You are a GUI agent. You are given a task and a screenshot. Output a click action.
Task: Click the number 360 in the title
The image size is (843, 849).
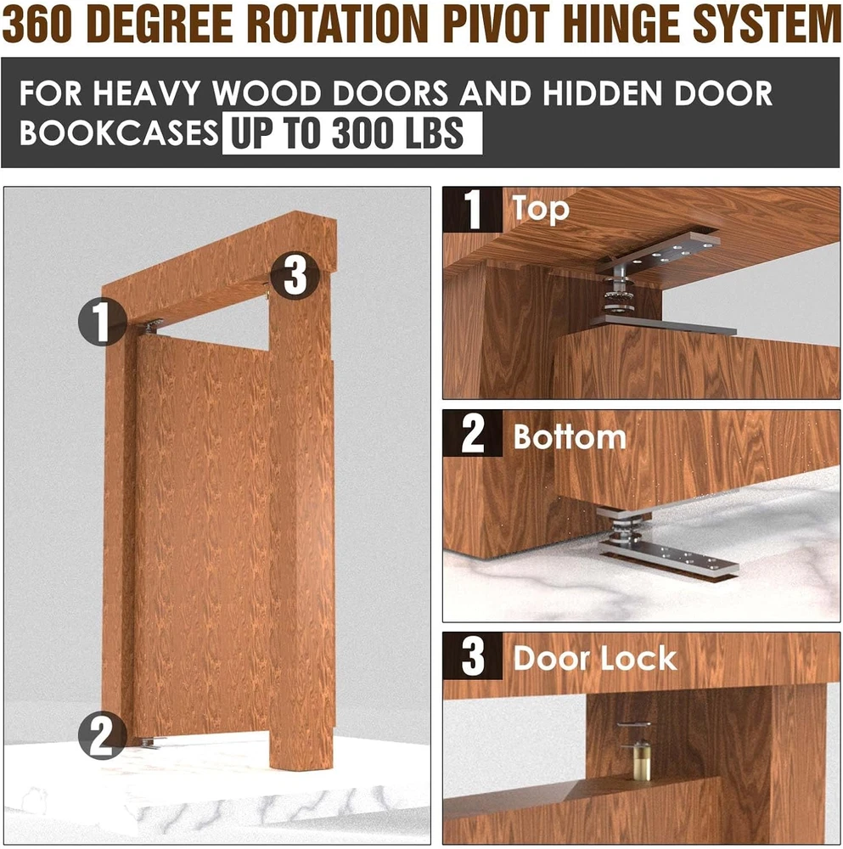(37, 25)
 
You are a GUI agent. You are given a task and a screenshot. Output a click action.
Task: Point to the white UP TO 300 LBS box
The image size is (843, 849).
(352, 133)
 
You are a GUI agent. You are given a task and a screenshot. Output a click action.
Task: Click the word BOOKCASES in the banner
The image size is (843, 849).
(119, 133)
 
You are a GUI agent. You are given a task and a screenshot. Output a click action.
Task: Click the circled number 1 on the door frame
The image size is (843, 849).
(103, 322)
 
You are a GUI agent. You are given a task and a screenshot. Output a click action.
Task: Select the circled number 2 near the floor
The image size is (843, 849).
(103, 734)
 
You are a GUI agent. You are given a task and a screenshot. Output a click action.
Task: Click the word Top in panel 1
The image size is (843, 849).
(541, 209)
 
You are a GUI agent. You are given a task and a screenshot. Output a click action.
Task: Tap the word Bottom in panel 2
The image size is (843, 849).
(570, 436)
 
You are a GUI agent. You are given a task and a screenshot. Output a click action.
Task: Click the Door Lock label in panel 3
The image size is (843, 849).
(595, 659)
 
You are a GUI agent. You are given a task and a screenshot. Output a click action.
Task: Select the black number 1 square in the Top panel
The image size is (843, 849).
(473, 210)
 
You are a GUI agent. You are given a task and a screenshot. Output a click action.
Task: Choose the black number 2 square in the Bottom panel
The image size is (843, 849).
(473, 433)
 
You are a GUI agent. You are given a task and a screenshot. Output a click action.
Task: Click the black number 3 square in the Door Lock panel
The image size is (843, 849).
(473, 655)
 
